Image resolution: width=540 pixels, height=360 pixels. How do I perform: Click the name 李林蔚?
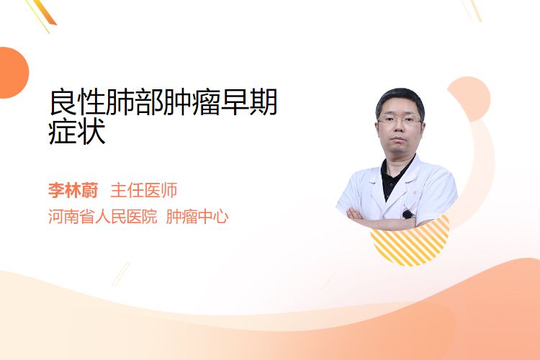73,191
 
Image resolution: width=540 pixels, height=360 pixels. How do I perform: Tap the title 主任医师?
143,191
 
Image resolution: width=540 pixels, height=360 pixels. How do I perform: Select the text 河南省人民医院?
103,217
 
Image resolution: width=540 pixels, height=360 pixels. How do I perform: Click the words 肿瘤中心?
197,217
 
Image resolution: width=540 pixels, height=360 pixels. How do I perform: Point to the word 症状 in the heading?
77,132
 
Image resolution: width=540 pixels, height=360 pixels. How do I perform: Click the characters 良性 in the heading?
77,102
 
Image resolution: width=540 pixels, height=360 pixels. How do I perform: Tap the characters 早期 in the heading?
249,102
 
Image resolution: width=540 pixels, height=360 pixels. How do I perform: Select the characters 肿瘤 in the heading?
192,102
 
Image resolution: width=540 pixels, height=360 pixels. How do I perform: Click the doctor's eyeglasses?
400,120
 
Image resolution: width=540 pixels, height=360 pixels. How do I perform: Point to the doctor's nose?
399,128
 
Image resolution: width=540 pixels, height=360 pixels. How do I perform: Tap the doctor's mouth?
398,139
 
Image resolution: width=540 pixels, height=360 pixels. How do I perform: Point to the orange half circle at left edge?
13,73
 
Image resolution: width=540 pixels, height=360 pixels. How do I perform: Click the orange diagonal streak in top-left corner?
45,13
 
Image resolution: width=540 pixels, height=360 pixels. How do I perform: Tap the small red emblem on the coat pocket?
415,192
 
